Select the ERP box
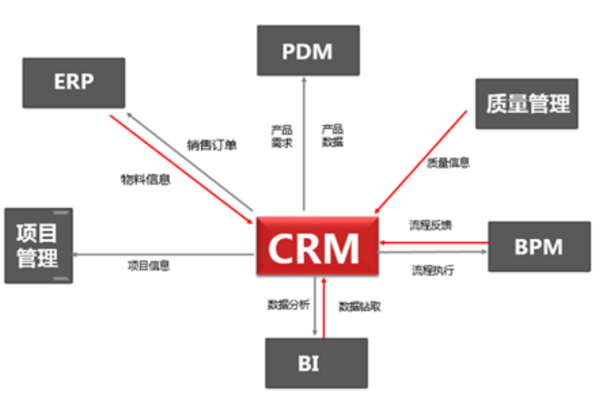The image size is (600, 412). (74, 82)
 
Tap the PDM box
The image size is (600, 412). (308, 50)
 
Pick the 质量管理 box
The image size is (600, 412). (527, 103)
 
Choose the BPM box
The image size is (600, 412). (539, 246)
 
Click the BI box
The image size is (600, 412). (316, 363)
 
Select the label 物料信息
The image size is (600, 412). (146, 179)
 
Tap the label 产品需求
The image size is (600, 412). (281, 136)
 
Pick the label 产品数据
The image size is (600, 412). (332, 136)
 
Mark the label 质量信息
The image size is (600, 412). (448, 163)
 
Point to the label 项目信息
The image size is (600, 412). (148, 266)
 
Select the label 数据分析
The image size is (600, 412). (288, 305)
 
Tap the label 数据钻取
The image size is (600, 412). (360, 307)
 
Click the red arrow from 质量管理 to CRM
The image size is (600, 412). (422, 162)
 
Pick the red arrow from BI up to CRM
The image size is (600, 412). (324, 307)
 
